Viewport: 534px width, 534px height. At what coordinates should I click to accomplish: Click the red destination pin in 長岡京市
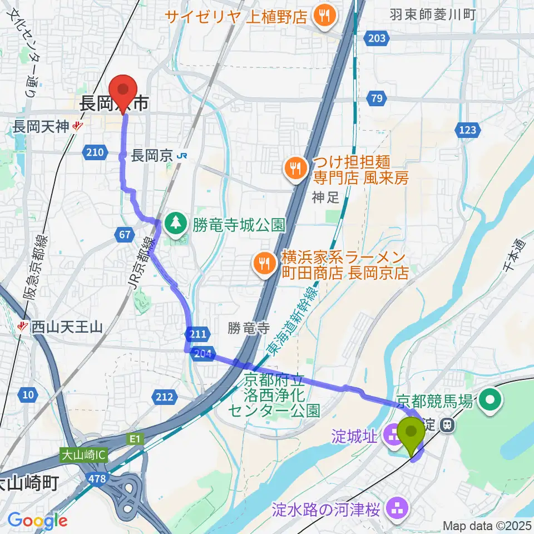(123, 89)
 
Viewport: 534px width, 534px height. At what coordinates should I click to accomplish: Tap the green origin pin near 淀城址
(412, 433)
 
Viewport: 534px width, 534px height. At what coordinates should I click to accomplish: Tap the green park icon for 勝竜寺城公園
(176, 224)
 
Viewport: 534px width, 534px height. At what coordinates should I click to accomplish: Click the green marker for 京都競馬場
(492, 399)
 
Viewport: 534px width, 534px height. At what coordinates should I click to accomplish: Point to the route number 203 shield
(377, 38)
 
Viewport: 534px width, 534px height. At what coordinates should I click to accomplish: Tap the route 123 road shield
(468, 130)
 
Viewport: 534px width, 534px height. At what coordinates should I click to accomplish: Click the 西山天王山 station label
(67, 327)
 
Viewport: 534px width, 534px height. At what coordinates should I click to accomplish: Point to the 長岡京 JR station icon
(181, 157)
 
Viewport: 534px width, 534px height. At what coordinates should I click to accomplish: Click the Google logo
(37, 521)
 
